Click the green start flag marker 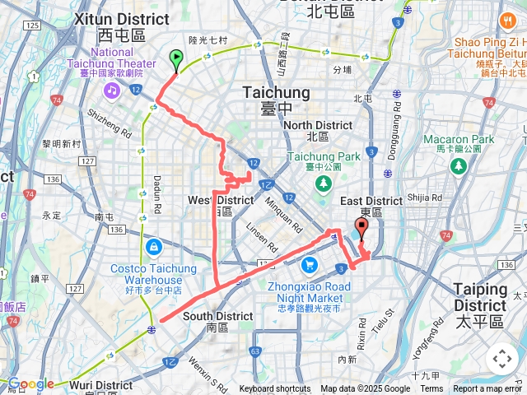click(x=175, y=59)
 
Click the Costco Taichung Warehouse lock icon click(x=154, y=246)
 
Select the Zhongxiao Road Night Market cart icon click(x=309, y=264)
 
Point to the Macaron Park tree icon click(x=459, y=166)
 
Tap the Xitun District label click(x=121, y=18)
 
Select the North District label click(x=317, y=125)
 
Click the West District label click(x=221, y=200)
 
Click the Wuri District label click(x=100, y=384)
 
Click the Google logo click(x=30, y=384)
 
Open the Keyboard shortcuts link click(x=275, y=389)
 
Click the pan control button click(x=501, y=359)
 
